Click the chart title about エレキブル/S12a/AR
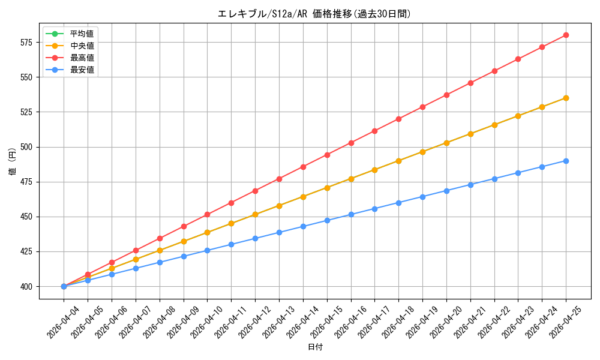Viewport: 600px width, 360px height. coord(314,14)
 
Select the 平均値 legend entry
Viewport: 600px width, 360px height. coord(70,34)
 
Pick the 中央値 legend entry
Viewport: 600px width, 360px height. coord(70,46)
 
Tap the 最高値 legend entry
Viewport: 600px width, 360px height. coord(70,58)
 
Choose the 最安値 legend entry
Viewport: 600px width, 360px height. coord(70,70)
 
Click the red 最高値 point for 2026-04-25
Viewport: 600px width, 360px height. coord(566,35)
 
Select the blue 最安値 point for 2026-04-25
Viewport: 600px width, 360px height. coord(566,161)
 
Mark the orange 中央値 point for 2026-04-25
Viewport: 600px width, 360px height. coord(566,98)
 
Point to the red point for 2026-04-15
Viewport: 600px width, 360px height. coord(327,155)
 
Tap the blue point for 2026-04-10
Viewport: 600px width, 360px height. coord(208,251)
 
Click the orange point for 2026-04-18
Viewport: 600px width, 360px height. coord(399,161)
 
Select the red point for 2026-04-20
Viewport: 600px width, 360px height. coord(446,95)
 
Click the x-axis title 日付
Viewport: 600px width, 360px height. coord(315,347)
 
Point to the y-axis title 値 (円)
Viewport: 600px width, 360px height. coord(12,161)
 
